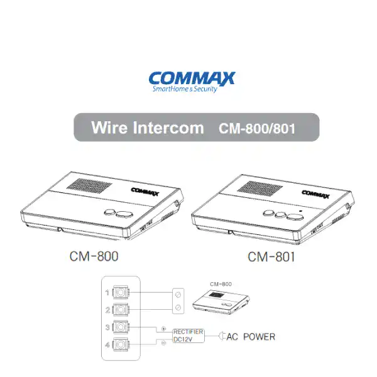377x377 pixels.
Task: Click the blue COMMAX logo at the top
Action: tap(192, 80)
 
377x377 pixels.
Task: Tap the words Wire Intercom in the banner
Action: tap(147, 128)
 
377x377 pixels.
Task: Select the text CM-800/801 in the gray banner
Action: tap(256, 129)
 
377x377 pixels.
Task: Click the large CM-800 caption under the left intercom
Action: tap(93, 256)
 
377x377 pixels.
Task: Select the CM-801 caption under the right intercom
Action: tap(271, 256)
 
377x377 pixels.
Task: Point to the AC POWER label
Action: tap(251, 337)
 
